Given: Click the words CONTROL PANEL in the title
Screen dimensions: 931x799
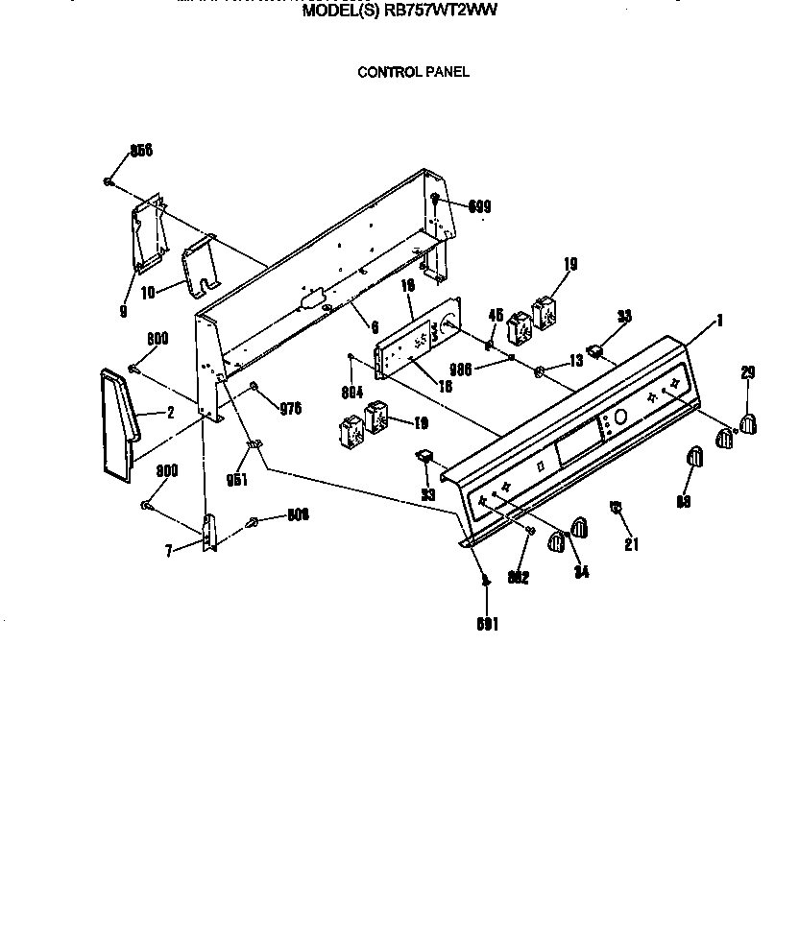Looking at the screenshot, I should point(413,72).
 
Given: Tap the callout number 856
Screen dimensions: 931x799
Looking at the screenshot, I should point(142,151).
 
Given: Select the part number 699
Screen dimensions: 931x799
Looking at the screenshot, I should point(481,205).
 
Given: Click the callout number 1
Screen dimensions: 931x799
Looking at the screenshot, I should point(720,320).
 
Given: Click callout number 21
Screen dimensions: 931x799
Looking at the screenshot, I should point(630,545).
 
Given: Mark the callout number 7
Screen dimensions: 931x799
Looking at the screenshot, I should point(169,552).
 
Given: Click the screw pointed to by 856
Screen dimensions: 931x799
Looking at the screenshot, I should point(109,181).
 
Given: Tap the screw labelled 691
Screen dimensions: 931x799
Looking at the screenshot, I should point(485,580).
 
